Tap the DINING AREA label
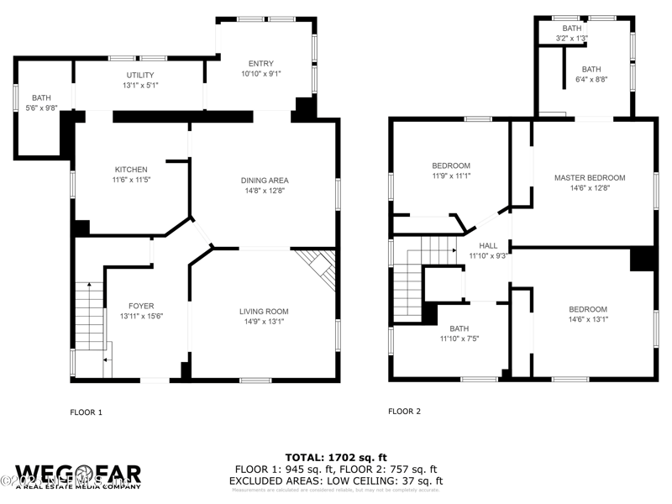click(265, 181)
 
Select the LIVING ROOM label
click(265, 312)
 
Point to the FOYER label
click(141, 306)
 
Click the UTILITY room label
click(140, 76)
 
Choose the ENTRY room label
click(260, 64)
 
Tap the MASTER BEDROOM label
click(589, 178)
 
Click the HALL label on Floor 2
click(488, 246)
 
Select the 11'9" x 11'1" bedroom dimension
click(451, 176)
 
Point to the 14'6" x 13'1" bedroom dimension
click(587, 319)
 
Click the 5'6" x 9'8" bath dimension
click(41, 108)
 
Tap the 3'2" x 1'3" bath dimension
click(571, 39)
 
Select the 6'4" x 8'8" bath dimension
click(591, 80)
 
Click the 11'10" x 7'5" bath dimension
click(459, 339)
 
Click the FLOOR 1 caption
click(86, 412)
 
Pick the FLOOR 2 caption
click(404, 412)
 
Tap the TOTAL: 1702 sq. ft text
click(336, 458)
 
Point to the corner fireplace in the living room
click(317, 266)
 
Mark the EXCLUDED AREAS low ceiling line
click(336, 480)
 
